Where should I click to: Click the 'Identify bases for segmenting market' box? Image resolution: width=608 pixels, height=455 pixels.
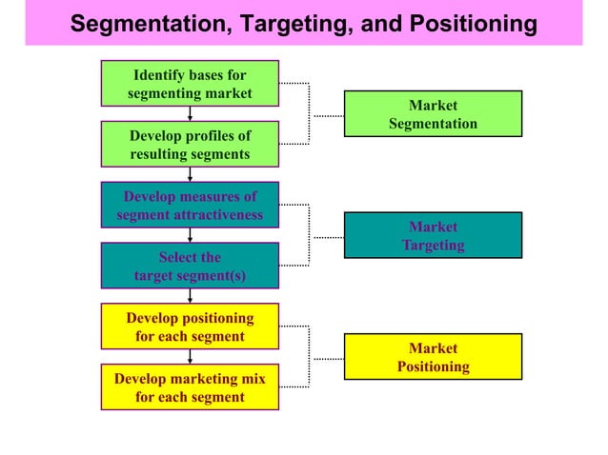tap(190, 83)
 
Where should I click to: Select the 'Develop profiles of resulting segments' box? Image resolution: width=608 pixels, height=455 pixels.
tap(190, 144)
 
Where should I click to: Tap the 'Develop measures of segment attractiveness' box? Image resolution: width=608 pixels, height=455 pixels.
tap(190, 205)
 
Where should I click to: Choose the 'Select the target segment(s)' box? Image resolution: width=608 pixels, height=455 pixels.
tap(190, 266)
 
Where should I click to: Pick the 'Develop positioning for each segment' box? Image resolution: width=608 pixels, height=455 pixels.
tap(190, 326)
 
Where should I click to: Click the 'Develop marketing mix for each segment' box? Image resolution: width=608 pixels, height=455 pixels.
tap(190, 387)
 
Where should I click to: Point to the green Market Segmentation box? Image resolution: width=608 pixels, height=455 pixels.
tap(433, 114)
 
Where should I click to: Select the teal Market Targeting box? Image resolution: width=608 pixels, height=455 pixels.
tap(433, 235)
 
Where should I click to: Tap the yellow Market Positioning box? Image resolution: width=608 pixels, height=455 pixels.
tap(433, 356)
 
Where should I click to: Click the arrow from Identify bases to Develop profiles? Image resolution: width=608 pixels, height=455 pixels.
tap(190, 113)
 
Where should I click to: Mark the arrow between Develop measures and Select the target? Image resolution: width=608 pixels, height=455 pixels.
tap(190, 235)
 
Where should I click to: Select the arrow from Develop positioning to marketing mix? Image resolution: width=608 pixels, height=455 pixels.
tap(190, 357)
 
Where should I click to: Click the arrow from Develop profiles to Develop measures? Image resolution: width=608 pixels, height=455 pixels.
tap(190, 174)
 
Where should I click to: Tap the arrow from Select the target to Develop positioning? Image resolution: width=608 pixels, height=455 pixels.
tap(190, 296)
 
